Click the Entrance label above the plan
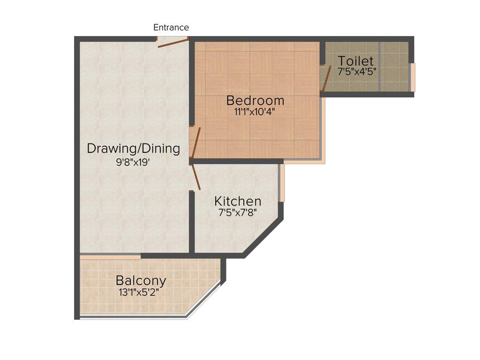171,27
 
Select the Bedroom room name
255,100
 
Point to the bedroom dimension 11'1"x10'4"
255,112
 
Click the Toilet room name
356,61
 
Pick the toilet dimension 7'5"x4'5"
357,72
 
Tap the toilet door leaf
326,78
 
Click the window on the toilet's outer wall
412,77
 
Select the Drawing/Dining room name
134,149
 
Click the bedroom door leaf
196,143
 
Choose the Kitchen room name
238,202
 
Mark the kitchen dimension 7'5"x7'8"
238,212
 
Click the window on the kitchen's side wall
281,183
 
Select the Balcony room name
141,281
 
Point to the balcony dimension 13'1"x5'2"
141,292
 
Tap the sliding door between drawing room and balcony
110,257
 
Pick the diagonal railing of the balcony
204,300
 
